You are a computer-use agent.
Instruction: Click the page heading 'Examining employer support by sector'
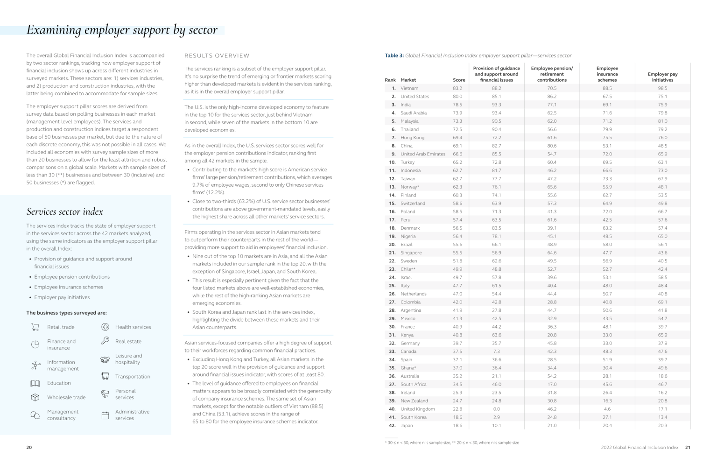coord(122,30)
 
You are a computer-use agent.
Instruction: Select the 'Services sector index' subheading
coord(65,211)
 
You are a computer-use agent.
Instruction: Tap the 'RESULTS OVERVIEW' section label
coord(217,56)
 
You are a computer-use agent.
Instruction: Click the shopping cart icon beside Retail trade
coord(35,327)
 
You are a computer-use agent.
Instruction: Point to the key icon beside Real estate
coord(105,341)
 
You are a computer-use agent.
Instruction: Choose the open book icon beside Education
coord(35,383)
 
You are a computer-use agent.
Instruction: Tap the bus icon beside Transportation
coord(105,376)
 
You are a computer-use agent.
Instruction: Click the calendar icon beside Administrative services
coord(105,415)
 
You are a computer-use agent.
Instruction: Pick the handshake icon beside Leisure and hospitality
coord(105,359)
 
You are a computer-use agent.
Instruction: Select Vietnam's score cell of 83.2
coord(457,88)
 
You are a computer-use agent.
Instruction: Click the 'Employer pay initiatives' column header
coord(662,77)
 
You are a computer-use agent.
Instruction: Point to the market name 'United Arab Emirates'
coord(422,154)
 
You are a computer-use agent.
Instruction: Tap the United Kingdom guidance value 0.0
coord(496,409)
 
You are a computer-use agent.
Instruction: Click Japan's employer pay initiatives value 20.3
coord(662,426)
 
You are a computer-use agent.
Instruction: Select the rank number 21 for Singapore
coord(392,253)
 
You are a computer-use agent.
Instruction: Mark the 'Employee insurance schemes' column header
coord(607,74)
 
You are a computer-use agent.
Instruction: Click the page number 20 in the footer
coord(29,447)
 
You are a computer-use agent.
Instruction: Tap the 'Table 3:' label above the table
coord(394,56)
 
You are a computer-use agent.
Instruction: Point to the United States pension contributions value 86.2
coord(552,97)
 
